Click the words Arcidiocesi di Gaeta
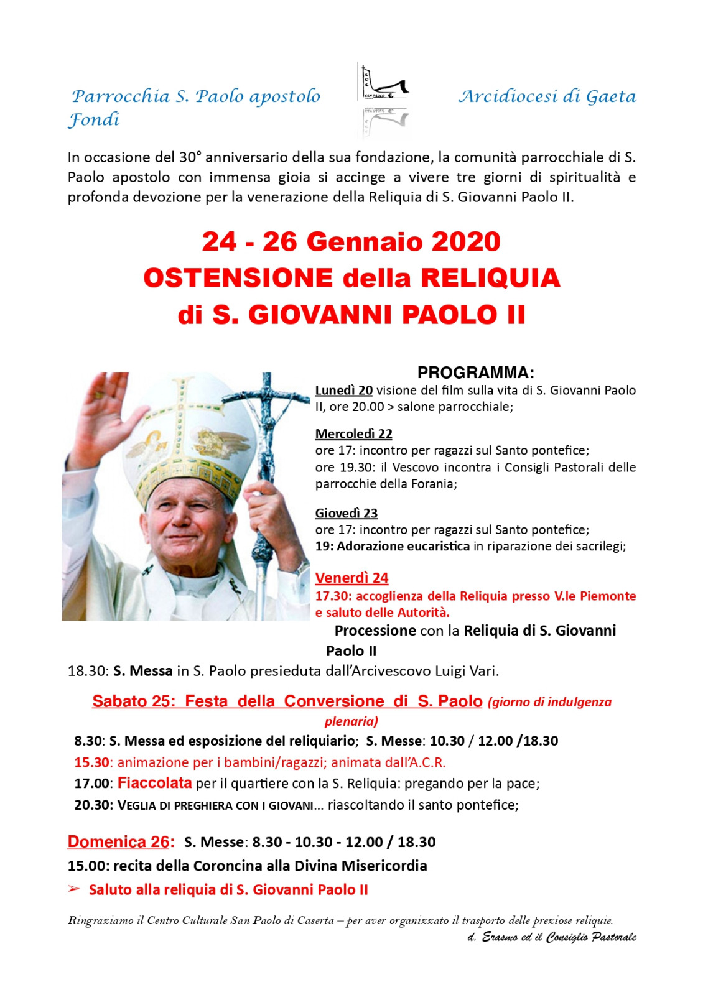547,96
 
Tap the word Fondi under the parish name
93,119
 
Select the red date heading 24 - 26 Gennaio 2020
351,242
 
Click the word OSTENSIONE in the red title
238,278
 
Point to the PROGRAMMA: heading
475,373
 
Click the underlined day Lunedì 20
343,391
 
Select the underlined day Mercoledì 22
353,434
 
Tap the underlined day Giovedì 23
346,513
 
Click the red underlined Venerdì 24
351,578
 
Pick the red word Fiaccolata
154,782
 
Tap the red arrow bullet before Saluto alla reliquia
74,889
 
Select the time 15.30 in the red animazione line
91,762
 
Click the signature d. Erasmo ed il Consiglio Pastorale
551,937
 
